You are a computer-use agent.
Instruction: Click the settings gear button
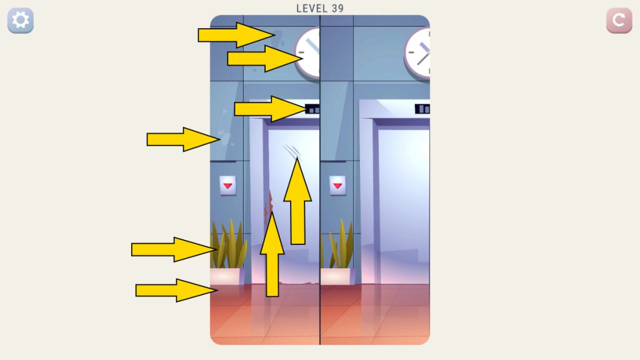pos(21,20)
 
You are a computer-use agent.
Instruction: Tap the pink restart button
pos(619,20)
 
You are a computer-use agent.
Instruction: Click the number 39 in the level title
pos(337,9)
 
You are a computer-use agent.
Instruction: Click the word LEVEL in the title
pos(312,9)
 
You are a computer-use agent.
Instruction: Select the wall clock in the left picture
pos(307,52)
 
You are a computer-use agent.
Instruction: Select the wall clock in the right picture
pos(417,53)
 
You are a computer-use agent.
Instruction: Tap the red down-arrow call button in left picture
pos(227,185)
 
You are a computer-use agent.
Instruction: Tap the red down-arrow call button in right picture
pos(337,185)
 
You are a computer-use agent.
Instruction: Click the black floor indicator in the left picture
pos(312,109)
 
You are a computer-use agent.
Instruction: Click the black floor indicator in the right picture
pos(422,109)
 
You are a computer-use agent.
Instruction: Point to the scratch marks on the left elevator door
pos(292,151)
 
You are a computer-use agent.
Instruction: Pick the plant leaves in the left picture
pos(229,244)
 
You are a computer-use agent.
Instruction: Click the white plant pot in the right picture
pos(337,276)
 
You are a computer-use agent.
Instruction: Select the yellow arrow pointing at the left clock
pos(265,58)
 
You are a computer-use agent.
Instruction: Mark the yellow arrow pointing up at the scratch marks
pos(297,201)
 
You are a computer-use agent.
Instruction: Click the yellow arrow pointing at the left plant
pos(174,249)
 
